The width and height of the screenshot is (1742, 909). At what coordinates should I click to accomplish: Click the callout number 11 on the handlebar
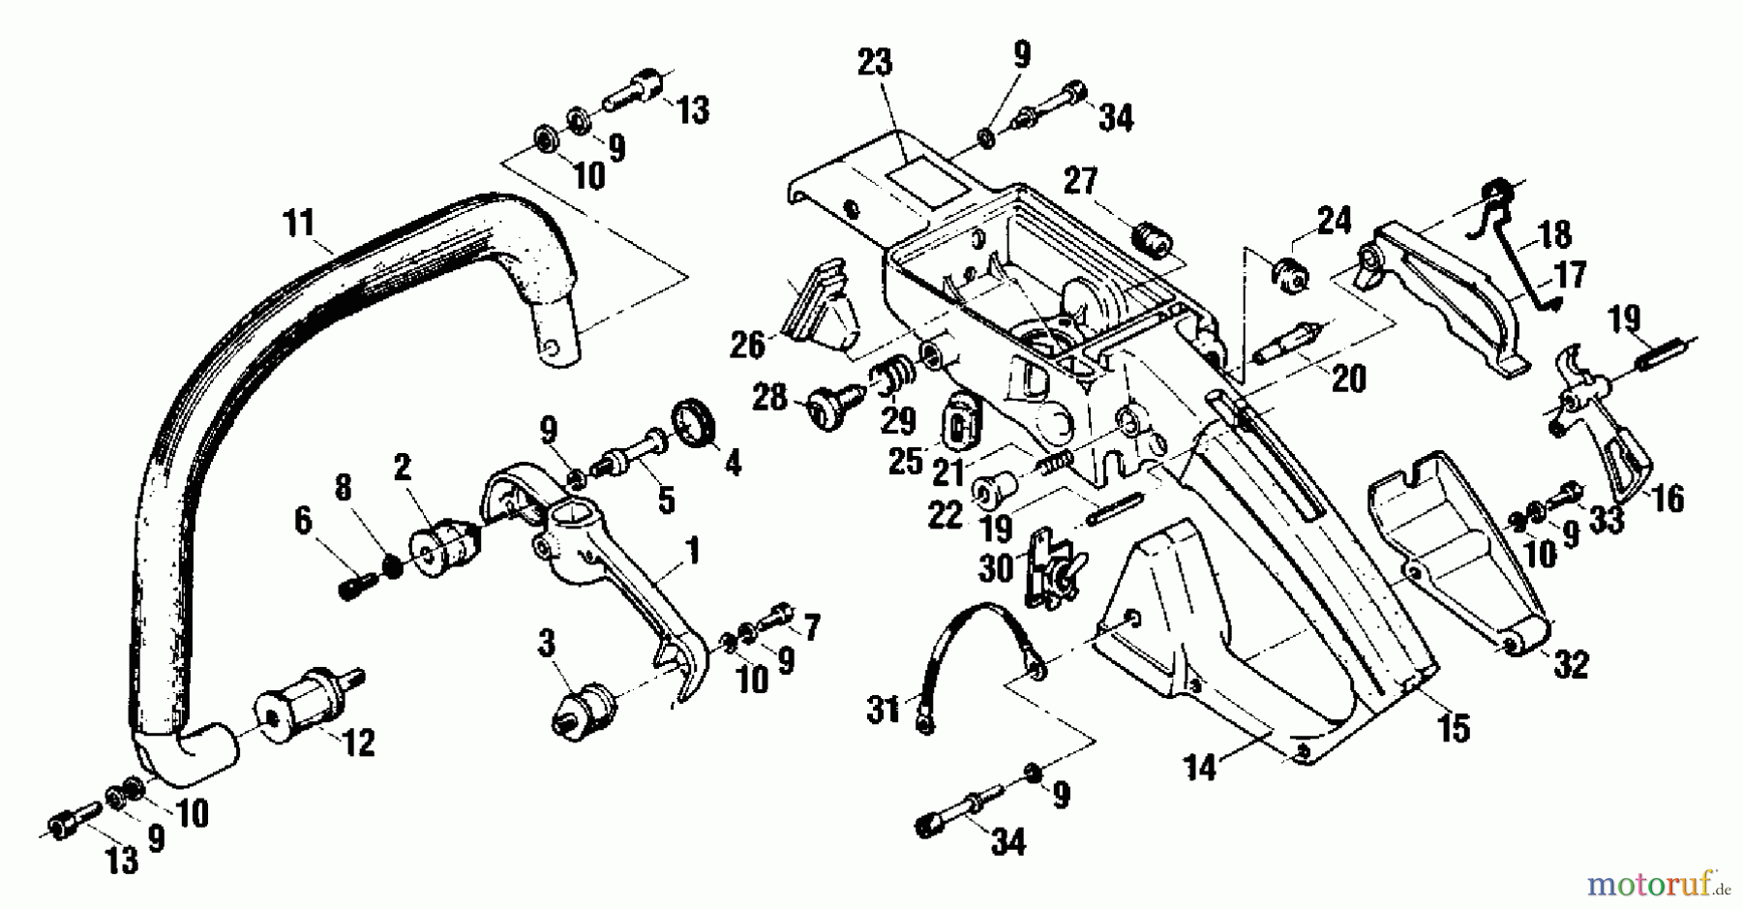[x=300, y=224]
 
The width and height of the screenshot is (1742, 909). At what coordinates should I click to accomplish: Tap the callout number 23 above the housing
[x=875, y=63]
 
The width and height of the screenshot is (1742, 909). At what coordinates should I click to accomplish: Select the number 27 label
[x=1081, y=181]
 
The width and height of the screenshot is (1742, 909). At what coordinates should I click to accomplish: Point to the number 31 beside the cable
[x=882, y=709]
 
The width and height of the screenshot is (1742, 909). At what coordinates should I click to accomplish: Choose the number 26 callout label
[x=747, y=346]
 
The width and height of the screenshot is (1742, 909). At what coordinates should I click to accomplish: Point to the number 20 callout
[x=1348, y=378]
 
